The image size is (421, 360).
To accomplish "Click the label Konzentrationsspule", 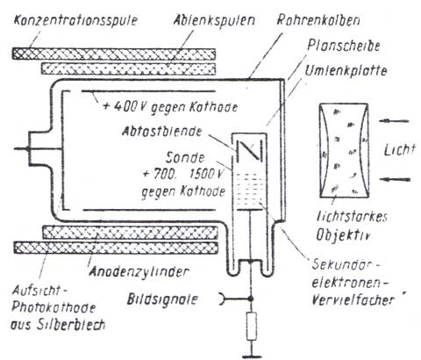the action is tap(75, 20).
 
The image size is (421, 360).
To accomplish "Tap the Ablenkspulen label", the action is tap(215, 20).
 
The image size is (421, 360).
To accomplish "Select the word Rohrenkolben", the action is tap(318, 20).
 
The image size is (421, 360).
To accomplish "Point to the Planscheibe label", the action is tap(344, 46).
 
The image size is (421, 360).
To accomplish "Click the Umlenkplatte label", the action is tap(346, 70).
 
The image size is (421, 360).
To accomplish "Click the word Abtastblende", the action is tap(161, 131).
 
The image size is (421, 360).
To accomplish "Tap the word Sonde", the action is tap(185, 158).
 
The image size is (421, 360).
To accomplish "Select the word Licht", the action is tap(400, 150).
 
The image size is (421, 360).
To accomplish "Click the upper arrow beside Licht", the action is tap(394, 121).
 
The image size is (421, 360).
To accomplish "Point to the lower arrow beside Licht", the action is tap(396, 179).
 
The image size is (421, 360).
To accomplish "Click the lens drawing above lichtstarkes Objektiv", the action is tap(344, 150).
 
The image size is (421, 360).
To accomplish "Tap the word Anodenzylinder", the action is tap(139, 272).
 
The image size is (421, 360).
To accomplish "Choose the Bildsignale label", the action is tap(162, 299).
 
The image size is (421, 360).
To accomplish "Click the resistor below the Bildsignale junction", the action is tap(252, 326).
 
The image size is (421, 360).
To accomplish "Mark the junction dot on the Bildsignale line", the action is tap(251, 299).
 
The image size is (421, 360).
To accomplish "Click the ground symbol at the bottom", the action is tap(252, 356).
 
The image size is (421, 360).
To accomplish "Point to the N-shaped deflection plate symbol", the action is tap(249, 150).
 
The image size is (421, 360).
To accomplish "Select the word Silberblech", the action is tap(71, 325).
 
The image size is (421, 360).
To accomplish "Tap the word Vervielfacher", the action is tap(353, 300).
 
